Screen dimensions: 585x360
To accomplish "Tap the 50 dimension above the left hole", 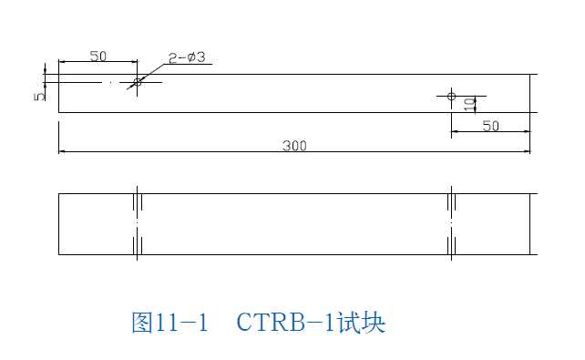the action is (97, 56).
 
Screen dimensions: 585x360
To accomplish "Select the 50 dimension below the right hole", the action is (490, 126).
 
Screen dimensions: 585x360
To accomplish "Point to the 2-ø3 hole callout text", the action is (187, 57).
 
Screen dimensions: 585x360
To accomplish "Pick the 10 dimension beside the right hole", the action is (468, 104).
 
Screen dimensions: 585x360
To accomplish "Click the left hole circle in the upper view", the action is (138, 82).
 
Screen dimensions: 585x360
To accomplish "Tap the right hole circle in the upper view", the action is (451, 95).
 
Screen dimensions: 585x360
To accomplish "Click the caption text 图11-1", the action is (170, 323).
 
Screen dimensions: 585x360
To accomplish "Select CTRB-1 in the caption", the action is (285, 323).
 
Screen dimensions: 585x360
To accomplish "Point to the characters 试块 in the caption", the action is (361, 323).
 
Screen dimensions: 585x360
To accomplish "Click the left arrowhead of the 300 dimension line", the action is (62, 151).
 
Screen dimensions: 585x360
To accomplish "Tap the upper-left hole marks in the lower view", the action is (138, 201).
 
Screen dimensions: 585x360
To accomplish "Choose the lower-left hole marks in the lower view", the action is (138, 244).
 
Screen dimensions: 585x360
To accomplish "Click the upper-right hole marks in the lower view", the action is (452, 201).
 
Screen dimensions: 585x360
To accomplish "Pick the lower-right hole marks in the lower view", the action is (452, 244).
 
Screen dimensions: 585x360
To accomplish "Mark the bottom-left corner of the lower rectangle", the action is (59, 254).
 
